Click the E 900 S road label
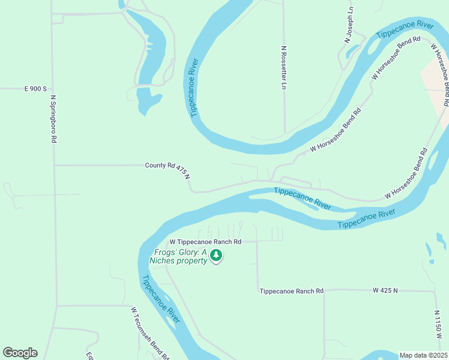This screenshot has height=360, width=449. [35, 89]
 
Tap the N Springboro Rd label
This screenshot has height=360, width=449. [53, 119]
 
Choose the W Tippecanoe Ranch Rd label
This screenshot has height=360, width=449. [205, 242]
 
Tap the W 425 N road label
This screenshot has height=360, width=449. [385, 290]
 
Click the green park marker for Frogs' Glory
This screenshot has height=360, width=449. [216, 257]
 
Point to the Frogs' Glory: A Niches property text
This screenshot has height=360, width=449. [180, 257]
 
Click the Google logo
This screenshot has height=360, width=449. [20, 353]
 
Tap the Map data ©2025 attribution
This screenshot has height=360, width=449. [423, 355]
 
